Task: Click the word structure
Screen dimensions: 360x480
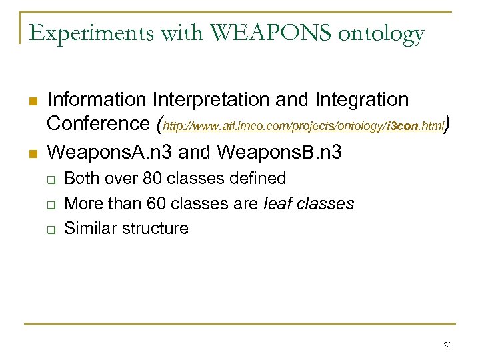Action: click(x=155, y=229)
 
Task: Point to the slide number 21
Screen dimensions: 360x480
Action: click(x=447, y=345)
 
